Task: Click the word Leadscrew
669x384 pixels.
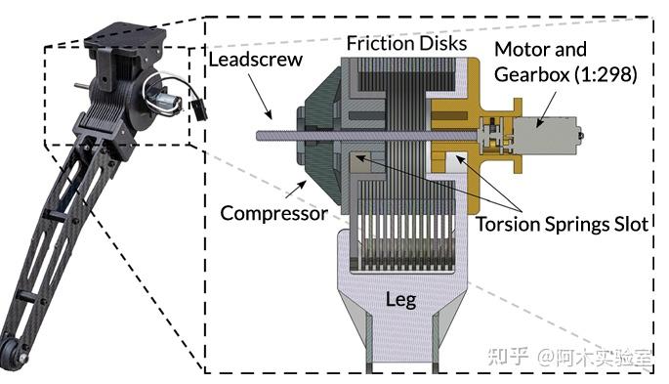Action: tap(255, 60)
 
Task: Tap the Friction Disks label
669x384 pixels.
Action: tap(406, 43)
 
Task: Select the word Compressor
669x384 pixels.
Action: tap(273, 213)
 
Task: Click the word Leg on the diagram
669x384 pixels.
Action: tap(400, 300)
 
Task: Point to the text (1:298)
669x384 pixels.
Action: tap(606, 74)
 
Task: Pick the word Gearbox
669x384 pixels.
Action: tap(532, 74)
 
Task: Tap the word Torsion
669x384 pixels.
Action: tap(508, 224)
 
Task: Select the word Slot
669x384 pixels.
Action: tap(631, 224)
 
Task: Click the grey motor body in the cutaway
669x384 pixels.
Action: tap(544, 137)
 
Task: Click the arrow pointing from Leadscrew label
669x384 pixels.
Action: tap(260, 96)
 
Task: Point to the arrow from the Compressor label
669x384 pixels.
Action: tap(296, 190)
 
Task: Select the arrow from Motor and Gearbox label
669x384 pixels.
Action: tap(546, 109)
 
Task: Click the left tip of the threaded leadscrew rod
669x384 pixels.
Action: tap(257, 136)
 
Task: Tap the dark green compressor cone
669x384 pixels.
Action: tap(317, 136)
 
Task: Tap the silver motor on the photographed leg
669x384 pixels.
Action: tap(166, 102)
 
